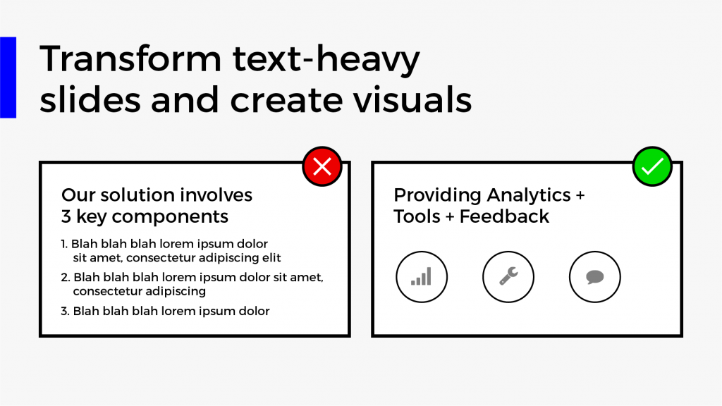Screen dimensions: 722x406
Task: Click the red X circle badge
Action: point(322,166)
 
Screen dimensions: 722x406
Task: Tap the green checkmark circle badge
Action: point(652,166)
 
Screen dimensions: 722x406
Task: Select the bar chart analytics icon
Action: point(422,276)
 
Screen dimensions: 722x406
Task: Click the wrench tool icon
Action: point(508,276)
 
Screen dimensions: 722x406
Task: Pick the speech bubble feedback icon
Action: point(595,276)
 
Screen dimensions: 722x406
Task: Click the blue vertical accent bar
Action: point(8,78)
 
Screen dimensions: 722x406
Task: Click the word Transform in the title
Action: point(130,59)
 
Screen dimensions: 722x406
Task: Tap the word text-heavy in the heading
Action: point(326,60)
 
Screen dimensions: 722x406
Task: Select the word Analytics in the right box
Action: point(529,195)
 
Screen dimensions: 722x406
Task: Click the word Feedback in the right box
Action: point(504,216)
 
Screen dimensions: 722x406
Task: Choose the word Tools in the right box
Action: point(417,216)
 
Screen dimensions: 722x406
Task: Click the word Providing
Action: point(437,196)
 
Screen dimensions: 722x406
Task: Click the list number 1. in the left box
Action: point(64,244)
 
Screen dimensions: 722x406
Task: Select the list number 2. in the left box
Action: point(66,278)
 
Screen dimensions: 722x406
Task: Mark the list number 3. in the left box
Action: point(66,311)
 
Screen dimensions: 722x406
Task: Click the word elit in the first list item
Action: point(271,258)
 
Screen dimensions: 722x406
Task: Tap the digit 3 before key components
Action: point(66,216)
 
